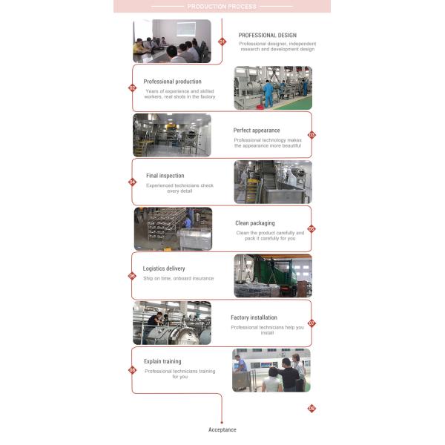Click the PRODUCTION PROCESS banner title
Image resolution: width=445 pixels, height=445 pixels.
222,7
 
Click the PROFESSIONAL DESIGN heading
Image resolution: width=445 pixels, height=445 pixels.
267,35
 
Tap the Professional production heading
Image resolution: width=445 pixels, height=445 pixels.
172,82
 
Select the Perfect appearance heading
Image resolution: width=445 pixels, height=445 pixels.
257,131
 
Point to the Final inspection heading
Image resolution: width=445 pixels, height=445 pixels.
165,176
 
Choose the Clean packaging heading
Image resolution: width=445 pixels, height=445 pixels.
255,223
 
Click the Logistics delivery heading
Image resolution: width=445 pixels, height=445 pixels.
164,268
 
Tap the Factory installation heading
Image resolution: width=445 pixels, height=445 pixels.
254,317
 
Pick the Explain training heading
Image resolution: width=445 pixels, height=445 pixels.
162,362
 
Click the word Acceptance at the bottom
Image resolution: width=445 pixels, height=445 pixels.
222,430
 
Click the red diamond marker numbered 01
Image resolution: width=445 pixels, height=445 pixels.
221,42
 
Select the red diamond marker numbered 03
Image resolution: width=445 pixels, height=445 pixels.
311,135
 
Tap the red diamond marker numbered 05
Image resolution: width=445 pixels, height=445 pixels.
311,229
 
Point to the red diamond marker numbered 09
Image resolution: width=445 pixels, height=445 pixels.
311,408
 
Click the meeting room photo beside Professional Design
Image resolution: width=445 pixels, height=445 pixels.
171,41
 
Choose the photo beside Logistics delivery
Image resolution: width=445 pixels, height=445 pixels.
273,276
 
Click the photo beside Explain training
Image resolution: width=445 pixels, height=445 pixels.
271,370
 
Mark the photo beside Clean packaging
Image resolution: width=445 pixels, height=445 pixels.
172,228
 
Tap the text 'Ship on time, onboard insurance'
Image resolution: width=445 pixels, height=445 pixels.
178,279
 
